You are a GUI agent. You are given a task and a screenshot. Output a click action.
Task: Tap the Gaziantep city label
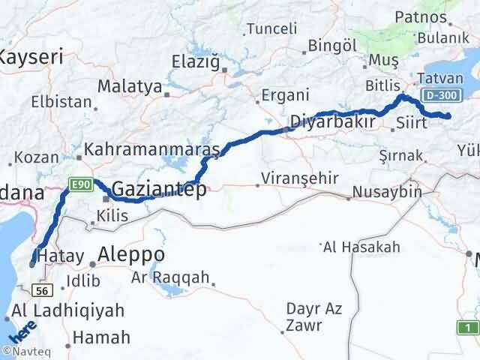point(159,190)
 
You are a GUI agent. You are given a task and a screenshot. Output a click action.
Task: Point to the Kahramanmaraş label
point(151,150)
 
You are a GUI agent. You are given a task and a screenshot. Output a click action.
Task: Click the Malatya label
point(130,87)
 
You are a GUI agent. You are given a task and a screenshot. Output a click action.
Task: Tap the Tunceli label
point(272,28)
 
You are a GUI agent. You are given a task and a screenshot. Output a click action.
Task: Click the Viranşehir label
point(298,178)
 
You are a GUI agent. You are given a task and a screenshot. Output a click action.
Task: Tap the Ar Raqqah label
point(170,277)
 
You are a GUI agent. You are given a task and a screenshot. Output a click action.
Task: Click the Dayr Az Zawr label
point(313,317)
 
